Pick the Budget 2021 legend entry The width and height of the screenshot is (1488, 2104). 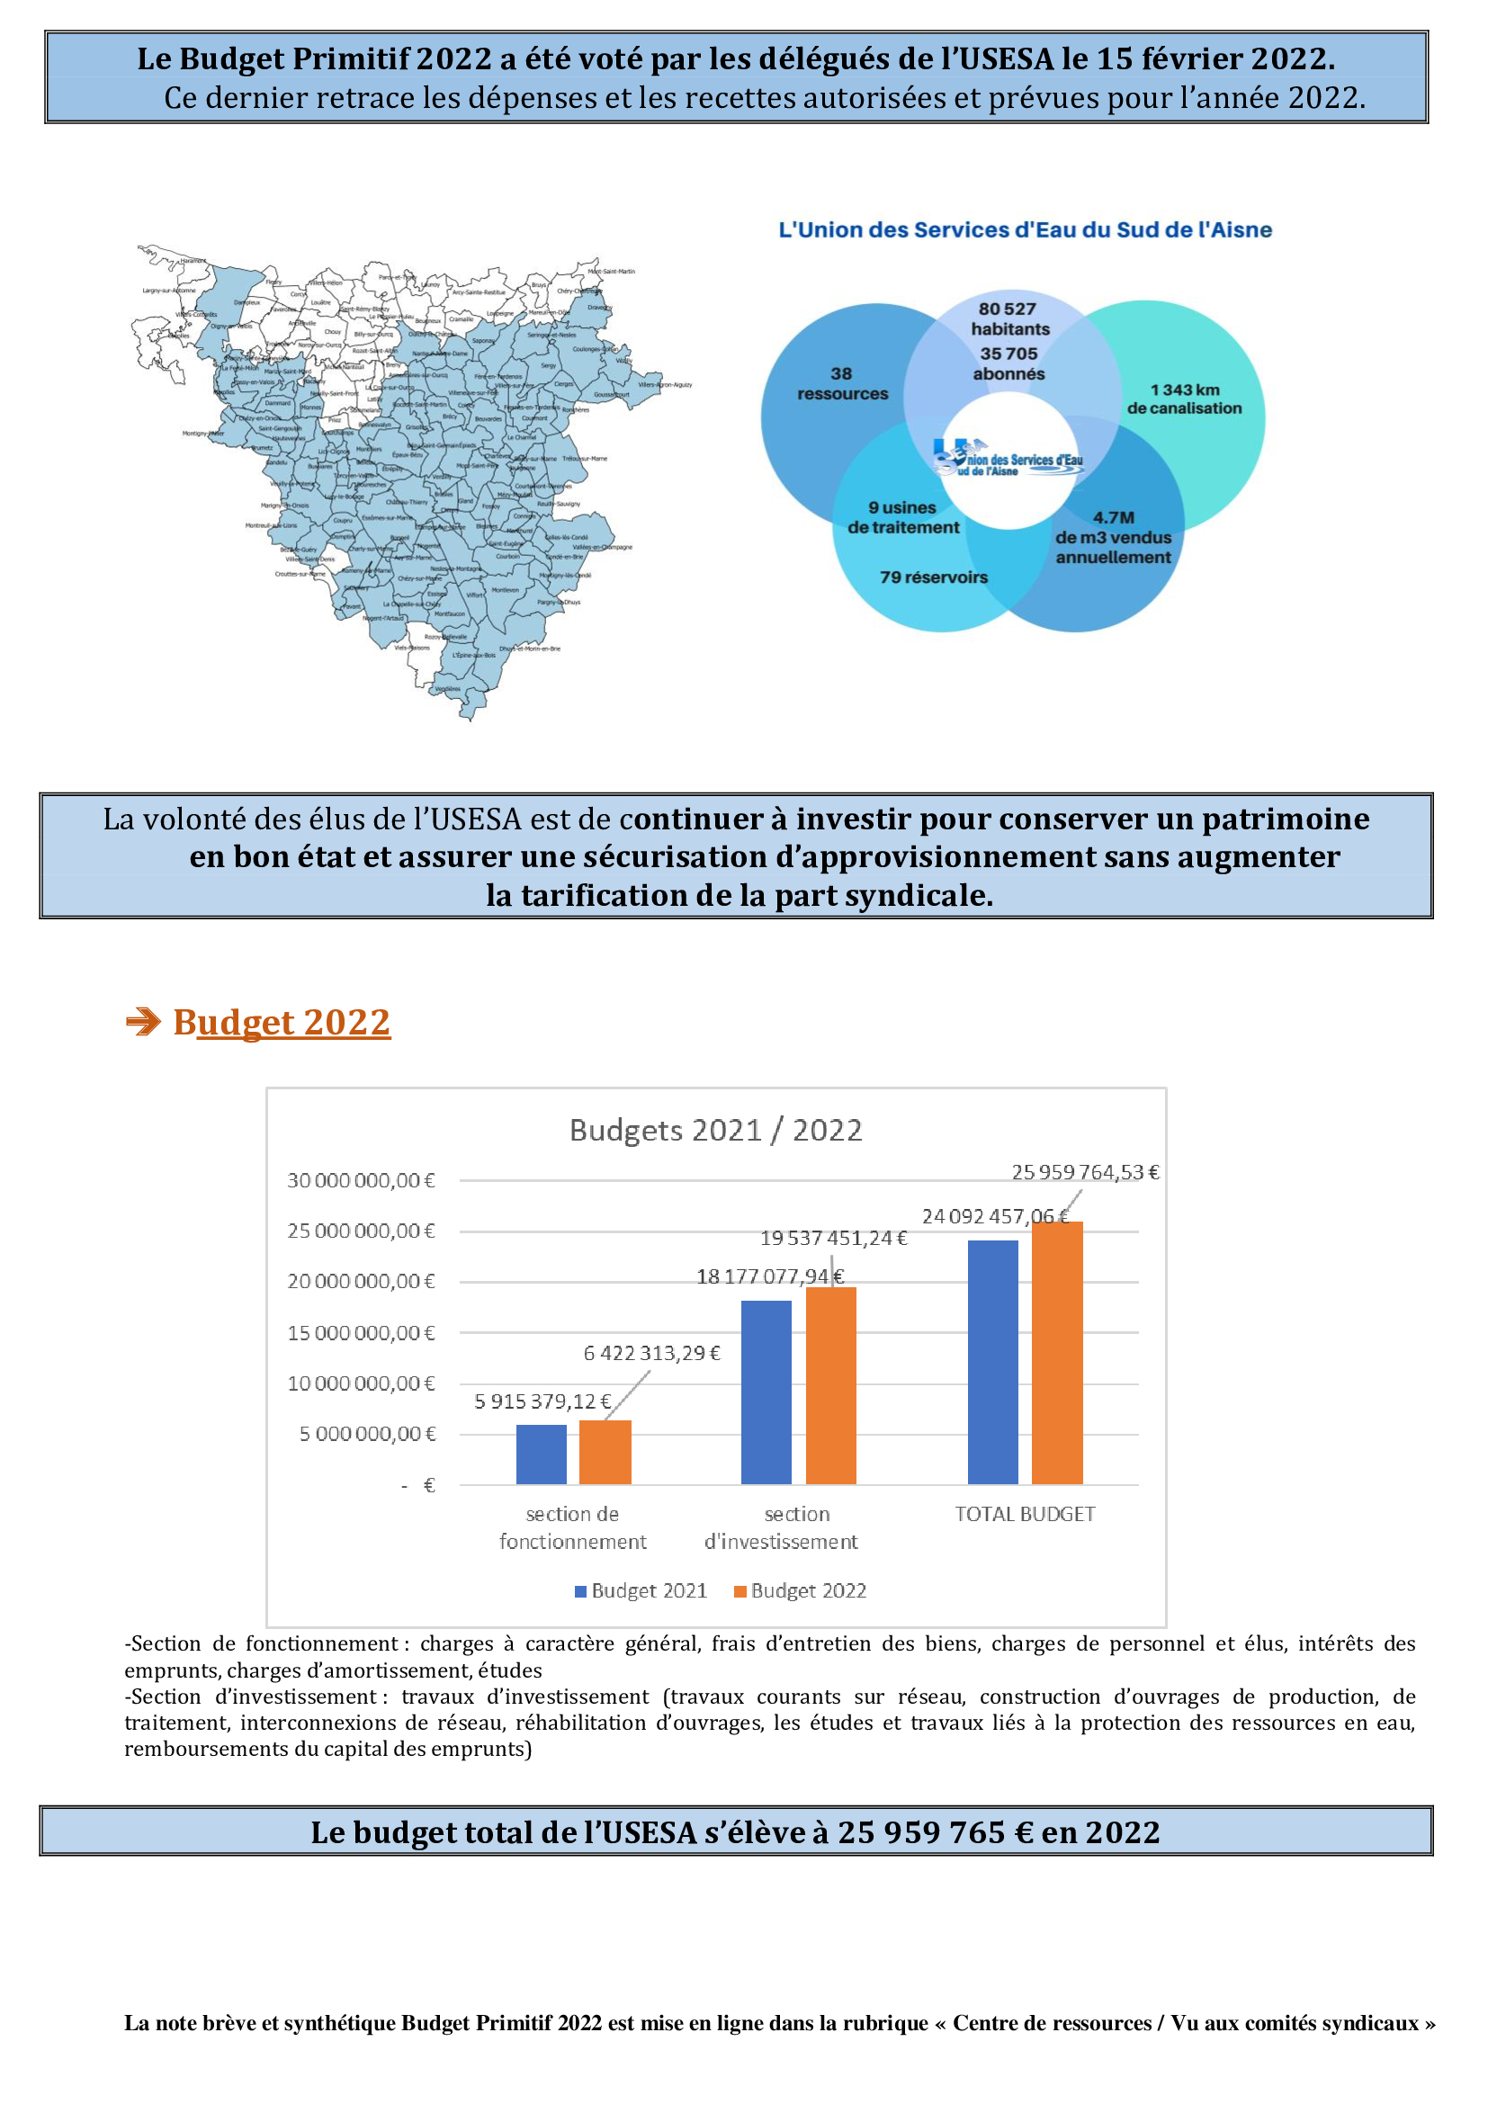pyautogui.click(x=641, y=1591)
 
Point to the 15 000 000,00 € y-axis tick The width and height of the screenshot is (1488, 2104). pyautogui.click(x=361, y=1333)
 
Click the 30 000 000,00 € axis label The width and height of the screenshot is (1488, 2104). pyautogui.click(x=361, y=1180)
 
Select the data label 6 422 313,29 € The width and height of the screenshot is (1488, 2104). pyautogui.click(x=651, y=1354)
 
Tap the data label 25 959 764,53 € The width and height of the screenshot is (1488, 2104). pyautogui.click(x=1085, y=1172)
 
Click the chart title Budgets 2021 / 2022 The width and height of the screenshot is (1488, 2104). pyautogui.click(x=715, y=1130)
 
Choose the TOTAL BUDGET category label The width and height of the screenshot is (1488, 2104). pyautogui.click(x=1025, y=1514)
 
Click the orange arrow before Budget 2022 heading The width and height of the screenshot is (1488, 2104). pyautogui.click(x=143, y=1022)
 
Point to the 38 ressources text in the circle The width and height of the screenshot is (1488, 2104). pyautogui.click(x=842, y=384)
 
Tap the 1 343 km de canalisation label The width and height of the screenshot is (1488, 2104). pyautogui.click(x=1184, y=398)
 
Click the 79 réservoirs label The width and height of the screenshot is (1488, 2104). pyautogui.click(x=934, y=577)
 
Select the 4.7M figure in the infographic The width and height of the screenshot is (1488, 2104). pyautogui.click(x=1113, y=518)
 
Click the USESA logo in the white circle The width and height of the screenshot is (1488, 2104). pyautogui.click(x=1008, y=457)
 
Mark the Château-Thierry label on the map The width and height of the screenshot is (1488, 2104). pyautogui.click(x=407, y=502)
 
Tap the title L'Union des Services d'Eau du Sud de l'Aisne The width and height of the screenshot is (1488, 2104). pyautogui.click(x=1025, y=230)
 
